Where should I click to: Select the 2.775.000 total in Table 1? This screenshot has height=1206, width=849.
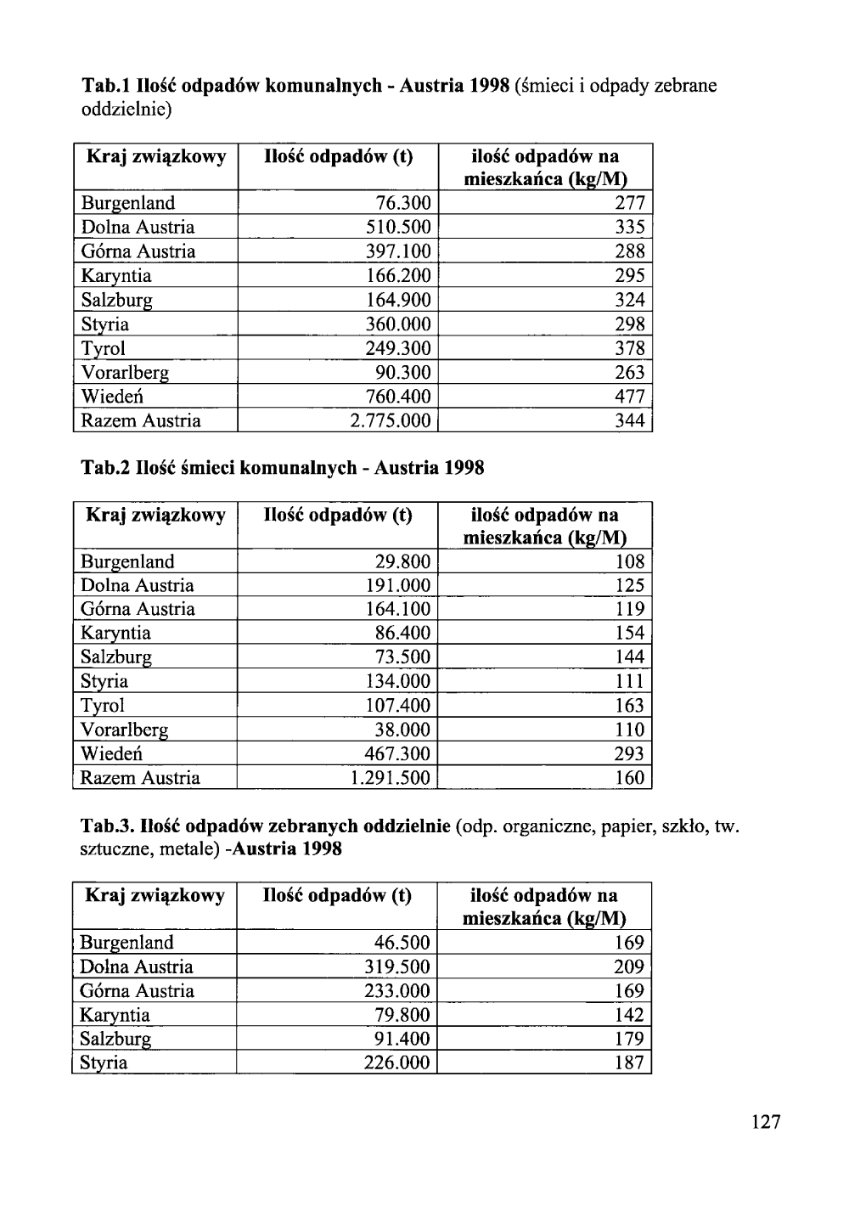[x=391, y=421]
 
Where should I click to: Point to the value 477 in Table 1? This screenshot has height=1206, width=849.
[x=630, y=397]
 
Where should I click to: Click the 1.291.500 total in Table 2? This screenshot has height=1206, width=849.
[x=391, y=778]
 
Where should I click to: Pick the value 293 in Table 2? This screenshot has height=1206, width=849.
[x=629, y=754]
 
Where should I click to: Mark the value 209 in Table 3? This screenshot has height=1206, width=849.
[x=629, y=966]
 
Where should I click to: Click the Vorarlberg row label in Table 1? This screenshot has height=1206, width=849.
[x=125, y=373]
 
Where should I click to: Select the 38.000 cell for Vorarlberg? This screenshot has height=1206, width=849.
[x=403, y=730]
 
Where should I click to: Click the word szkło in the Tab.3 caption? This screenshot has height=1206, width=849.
[x=685, y=826]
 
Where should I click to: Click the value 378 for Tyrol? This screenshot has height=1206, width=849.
[x=630, y=348]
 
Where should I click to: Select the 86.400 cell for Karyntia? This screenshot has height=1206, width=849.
[x=403, y=633]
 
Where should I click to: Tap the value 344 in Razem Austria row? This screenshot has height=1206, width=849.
[x=630, y=421]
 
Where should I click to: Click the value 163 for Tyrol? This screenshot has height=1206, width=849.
[x=629, y=706]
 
